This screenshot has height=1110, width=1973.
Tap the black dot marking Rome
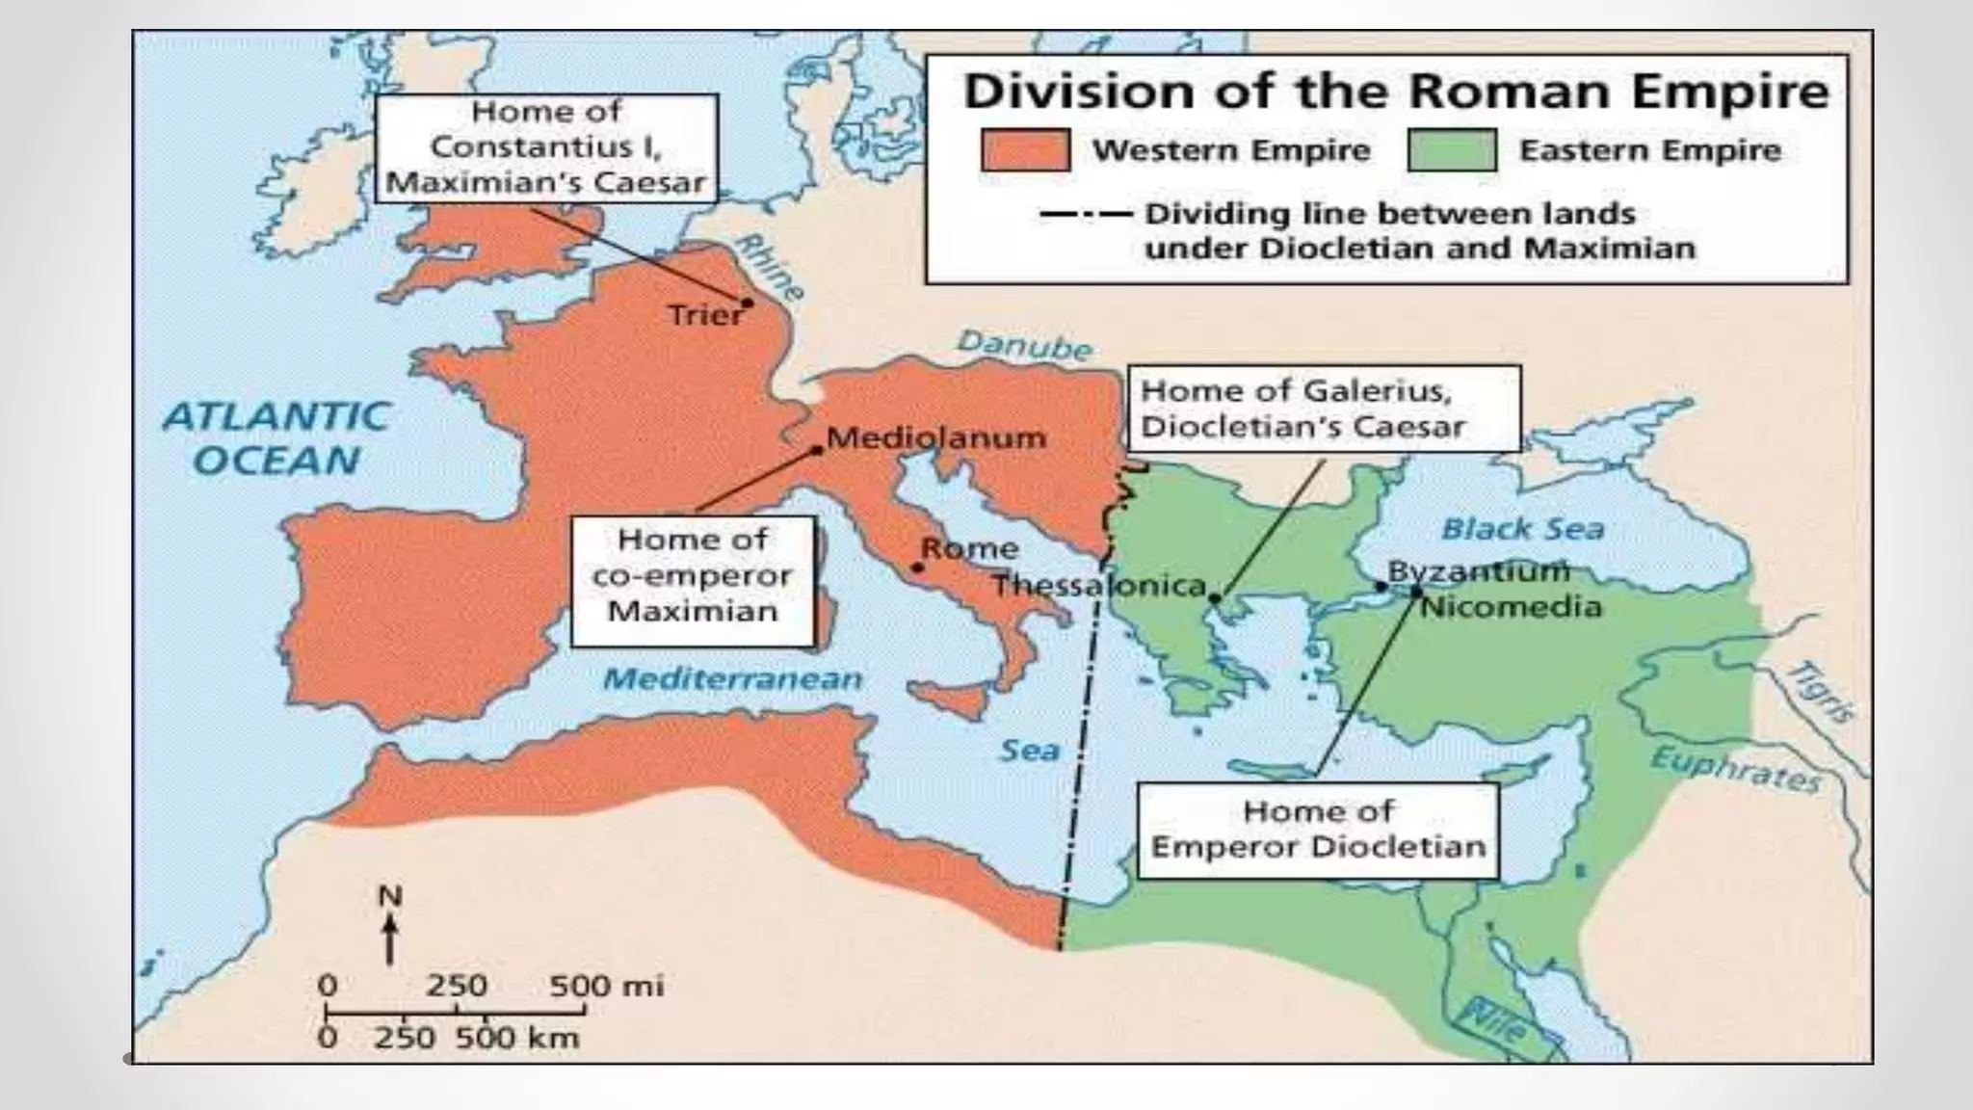(x=917, y=568)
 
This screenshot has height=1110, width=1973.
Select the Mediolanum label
(x=936, y=437)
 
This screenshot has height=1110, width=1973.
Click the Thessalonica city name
(x=1099, y=585)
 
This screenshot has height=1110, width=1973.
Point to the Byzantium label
(x=1478, y=570)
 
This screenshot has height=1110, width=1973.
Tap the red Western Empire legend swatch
(x=1025, y=150)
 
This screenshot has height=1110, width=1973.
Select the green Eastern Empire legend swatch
(x=1452, y=150)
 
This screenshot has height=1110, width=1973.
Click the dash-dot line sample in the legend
(x=1086, y=214)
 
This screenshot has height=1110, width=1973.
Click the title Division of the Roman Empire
(x=1395, y=92)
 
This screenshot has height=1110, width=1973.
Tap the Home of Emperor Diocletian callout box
(x=1318, y=830)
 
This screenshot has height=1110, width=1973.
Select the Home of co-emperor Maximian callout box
(x=692, y=581)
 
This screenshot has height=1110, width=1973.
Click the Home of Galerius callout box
(x=1324, y=408)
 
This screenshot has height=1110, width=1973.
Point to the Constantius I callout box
(x=546, y=147)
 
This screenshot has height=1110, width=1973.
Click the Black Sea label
(x=1522, y=529)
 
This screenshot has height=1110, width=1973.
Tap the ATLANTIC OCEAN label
(x=276, y=438)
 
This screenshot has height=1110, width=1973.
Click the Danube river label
(x=1024, y=345)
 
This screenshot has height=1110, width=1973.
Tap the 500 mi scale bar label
(x=606, y=986)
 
